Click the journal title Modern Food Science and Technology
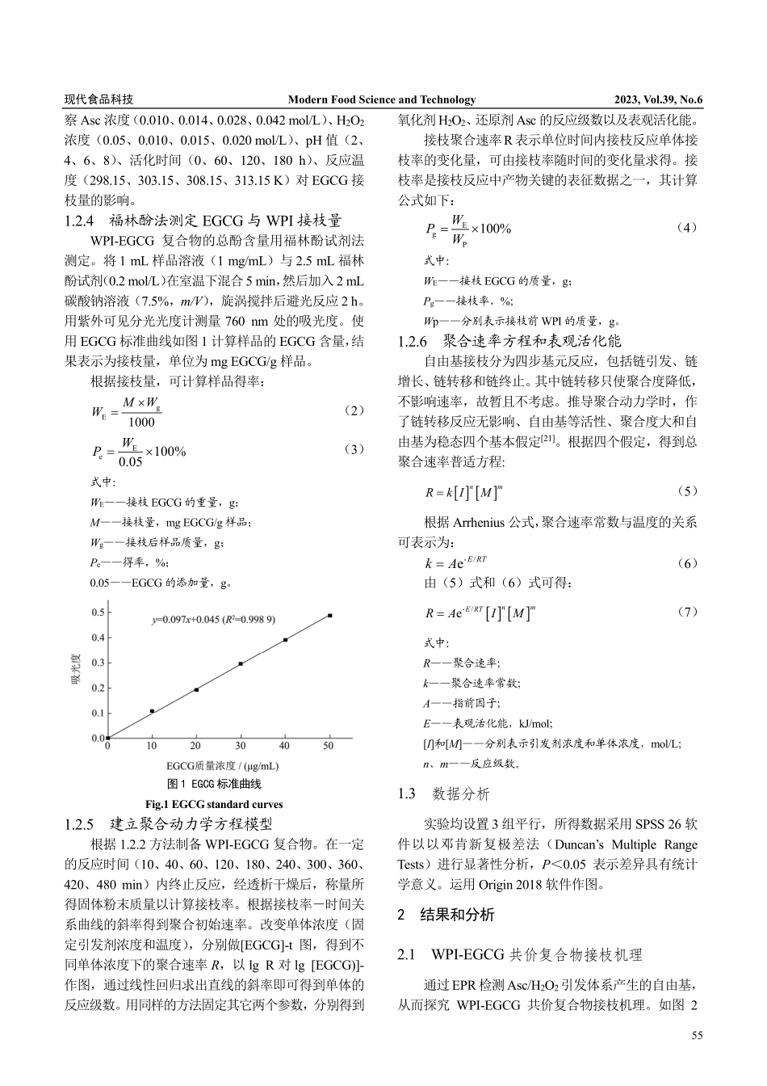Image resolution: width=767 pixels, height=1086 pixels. (x=382, y=99)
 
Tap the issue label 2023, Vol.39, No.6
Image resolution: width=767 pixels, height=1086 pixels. (x=658, y=99)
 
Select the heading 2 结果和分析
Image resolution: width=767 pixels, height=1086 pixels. (x=446, y=915)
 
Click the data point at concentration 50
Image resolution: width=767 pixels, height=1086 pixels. (x=329, y=616)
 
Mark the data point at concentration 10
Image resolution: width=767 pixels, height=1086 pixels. (x=152, y=711)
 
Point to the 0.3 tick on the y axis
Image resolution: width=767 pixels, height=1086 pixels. (x=98, y=663)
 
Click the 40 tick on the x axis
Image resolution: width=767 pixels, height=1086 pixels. (x=284, y=746)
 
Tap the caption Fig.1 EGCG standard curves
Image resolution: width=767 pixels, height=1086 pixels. (x=214, y=804)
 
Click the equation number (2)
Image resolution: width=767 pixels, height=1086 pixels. (x=353, y=410)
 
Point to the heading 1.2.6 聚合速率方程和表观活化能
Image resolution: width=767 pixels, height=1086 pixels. (x=509, y=340)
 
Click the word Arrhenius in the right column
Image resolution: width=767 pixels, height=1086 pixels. (x=483, y=522)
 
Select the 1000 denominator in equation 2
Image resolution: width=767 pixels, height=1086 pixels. (x=141, y=422)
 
